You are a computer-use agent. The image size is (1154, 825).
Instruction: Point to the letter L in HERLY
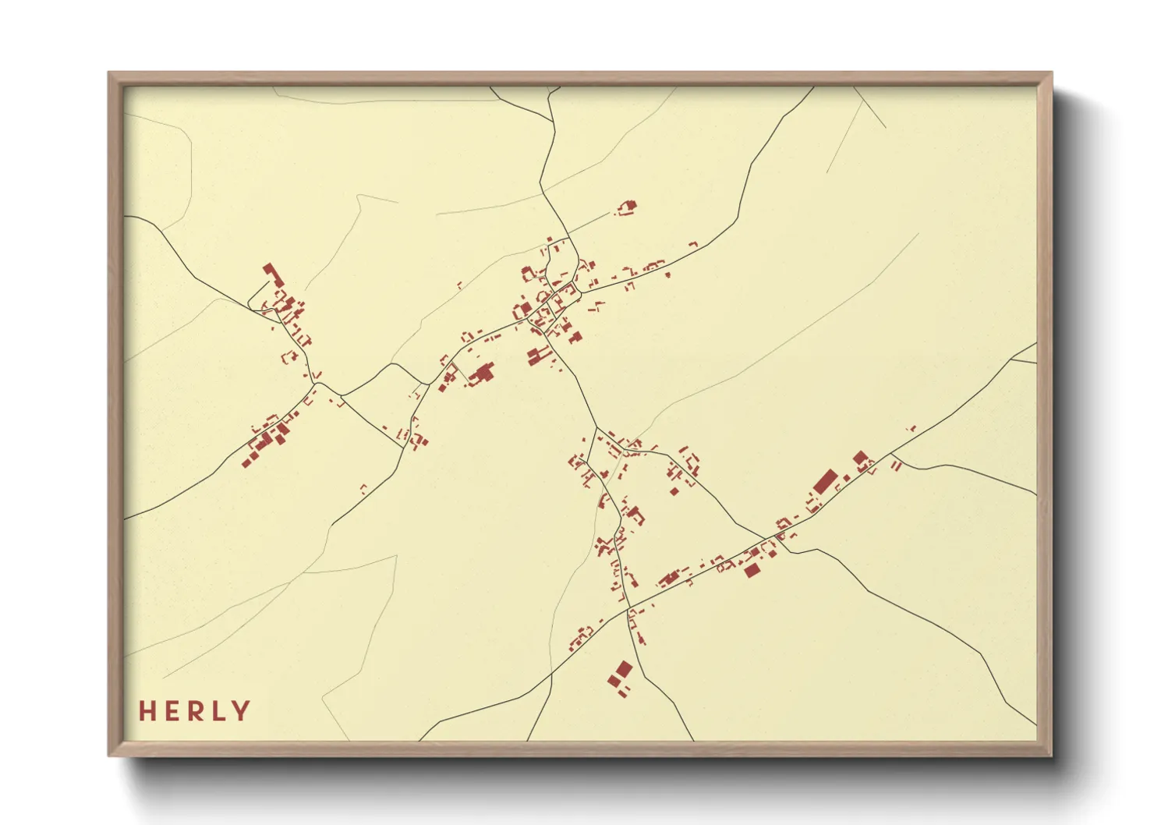pyautogui.click(x=218, y=711)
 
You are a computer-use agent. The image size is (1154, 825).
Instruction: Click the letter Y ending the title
pyautogui.click(x=241, y=711)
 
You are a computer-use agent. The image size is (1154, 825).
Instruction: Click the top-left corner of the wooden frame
pyautogui.click(x=109, y=73)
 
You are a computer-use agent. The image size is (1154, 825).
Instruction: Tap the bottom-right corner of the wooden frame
pyautogui.click(x=1051, y=755)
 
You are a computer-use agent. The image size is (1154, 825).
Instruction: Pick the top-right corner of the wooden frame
pyautogui.click(x=1051, y=73)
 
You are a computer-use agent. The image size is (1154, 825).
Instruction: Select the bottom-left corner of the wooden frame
pyautogui.click(x=109, y=755)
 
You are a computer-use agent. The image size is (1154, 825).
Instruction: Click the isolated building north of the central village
pyautogui.click(x=627, y=207)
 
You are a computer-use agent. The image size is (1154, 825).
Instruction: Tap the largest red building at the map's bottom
pyautogui.click(x=624, y=669)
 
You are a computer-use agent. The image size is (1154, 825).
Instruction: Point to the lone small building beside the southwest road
pyautogui.click(x=363, y=490)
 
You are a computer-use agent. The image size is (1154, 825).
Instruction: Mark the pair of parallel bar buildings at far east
pyautogui.click(x=896, y=466)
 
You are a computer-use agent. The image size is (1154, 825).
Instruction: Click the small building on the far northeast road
pyautogui.click(x=911, y=428)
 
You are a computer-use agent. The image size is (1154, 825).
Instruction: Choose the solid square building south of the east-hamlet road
pyautogui.click(x=752, y=570)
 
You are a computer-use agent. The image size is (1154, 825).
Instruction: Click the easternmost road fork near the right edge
pyautogui.click(x=1011, y=361)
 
